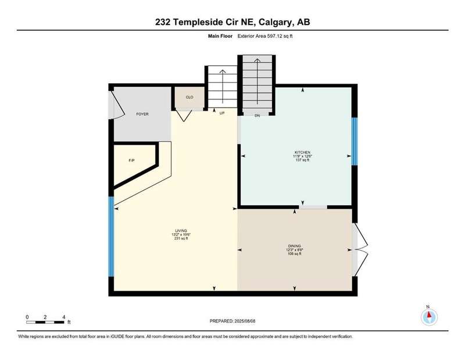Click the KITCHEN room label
coord(302,152)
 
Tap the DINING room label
coord(294,246)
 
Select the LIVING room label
coord(181,231)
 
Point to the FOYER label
coord(142,114)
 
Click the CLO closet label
coord(189,97)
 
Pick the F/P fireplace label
coord(132,161)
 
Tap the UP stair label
coord(222,113)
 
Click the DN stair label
coord(257,116)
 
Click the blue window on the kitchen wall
coord(355,141)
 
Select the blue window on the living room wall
coord(111,237)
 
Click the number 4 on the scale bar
coord(64,317)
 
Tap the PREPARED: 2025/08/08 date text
coord(233,321)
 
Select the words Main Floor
coord(220,36)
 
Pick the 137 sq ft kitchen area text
coord(302,160)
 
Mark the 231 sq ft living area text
coord(181,238)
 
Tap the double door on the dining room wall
coord(360,249)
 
